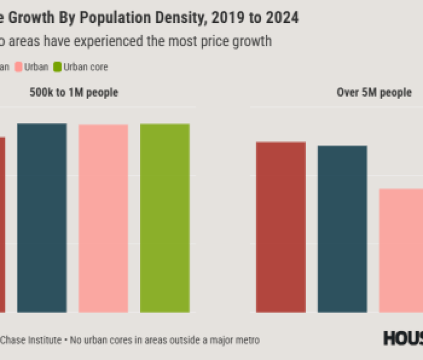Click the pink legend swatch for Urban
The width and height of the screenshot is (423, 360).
click(18, 67)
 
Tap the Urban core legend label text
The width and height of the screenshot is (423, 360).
click(85, 67)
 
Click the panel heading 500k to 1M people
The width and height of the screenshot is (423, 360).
click(74, 93)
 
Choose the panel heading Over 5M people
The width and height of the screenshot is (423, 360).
click(374, 93)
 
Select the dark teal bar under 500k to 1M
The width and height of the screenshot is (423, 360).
click(42, 218)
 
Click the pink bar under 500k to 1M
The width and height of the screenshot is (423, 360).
click(103, 218)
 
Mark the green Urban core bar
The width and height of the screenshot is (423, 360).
click(165, 218)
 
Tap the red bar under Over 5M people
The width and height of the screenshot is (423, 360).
click(281, 227)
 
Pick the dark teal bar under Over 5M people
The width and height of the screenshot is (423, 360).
click(342, 228)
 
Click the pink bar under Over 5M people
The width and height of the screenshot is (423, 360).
click(401, 250)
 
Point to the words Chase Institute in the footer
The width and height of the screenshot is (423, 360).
click(30, 340)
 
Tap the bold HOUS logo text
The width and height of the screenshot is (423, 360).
click(403, 338)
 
